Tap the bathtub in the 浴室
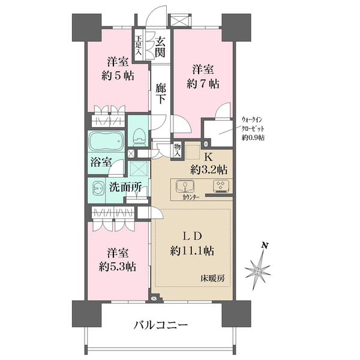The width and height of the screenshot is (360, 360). pyautogui.click(x=106, y=143)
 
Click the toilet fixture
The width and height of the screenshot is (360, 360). pyautogui.click(x=139, y=137)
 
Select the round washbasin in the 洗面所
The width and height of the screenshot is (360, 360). pyautogui.click(x=97, y=187)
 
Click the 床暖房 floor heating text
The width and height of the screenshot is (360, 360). pyautogui.click(x=214, y=279)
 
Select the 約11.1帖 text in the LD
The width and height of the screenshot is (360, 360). pyautogui.click(x=192, y=250)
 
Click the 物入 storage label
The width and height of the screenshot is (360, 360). pyautogui.click(x=178, y=149)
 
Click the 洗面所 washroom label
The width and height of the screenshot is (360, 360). pyautogui.click(x=125, y=187)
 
